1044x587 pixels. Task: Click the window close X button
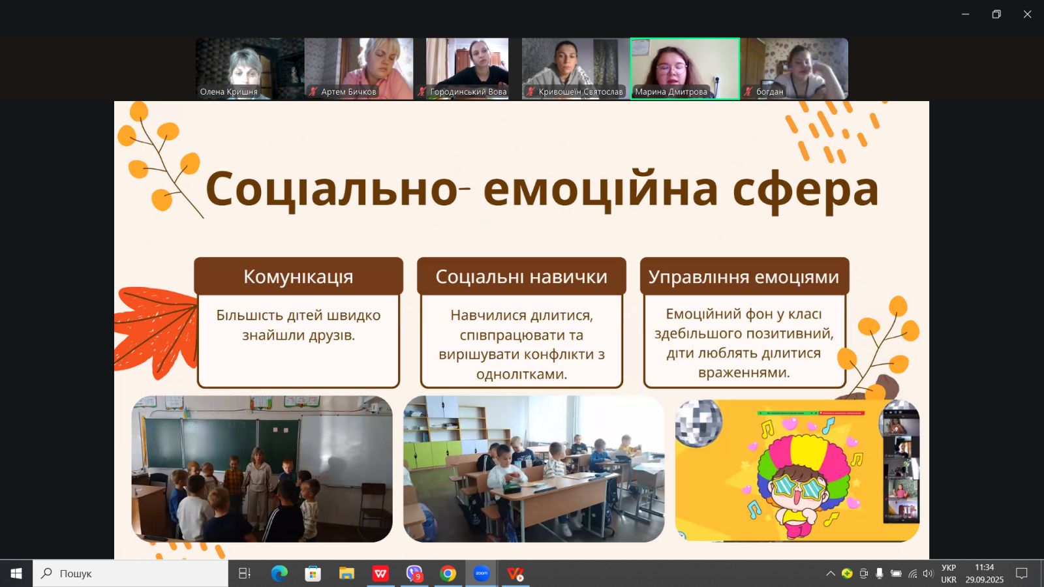1027,14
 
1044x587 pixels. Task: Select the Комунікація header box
298,277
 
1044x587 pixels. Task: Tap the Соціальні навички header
521,277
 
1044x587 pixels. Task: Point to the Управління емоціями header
745,277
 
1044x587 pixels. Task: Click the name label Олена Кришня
228,92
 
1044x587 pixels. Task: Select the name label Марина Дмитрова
671,92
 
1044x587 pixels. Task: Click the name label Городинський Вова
468,92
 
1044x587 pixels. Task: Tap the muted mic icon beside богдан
748,92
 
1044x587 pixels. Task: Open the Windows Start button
16,573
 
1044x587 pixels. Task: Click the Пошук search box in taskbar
130,573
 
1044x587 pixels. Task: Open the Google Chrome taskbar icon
448,573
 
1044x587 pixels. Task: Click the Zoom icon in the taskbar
482,573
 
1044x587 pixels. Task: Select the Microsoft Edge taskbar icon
279,573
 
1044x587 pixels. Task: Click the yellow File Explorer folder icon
346,573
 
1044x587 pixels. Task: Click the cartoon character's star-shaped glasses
799,487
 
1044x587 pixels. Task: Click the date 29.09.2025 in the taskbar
984,580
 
